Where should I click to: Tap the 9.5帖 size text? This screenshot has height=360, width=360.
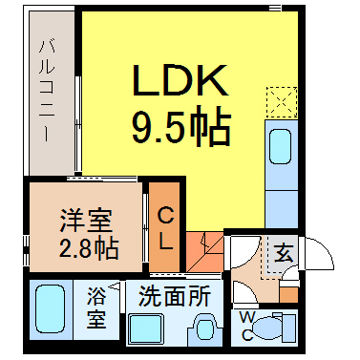(x=181, y=126)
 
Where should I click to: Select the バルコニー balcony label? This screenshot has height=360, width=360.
(x=47, y=91)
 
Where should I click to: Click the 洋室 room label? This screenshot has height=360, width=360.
(x=86, y=221)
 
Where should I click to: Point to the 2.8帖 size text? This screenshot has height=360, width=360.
(x=89, y=248)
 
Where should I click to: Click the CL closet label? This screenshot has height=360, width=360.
(x=165, y=227)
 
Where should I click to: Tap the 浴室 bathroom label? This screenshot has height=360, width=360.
(x=96, y=307)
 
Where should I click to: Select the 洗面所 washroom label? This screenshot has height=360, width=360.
(x=175, y=296)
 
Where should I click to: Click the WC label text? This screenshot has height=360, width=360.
(x=247, y=325)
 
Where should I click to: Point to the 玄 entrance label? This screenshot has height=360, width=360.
(x=284, y=253)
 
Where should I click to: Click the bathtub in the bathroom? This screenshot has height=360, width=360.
(x=50, y=308)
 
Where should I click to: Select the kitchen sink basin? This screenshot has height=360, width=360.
(x=281, y=147)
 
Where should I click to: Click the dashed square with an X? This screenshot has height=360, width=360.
(x=282, y=102)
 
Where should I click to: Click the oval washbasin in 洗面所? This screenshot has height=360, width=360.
(x=203, y=329)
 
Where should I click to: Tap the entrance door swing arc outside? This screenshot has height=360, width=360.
(x=323, y=250)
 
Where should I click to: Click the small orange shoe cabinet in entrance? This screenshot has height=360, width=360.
(x=288, y=295)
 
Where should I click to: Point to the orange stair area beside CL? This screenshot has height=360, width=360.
(x=204, y=251)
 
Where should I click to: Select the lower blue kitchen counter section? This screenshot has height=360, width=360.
(x=282, y=209)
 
